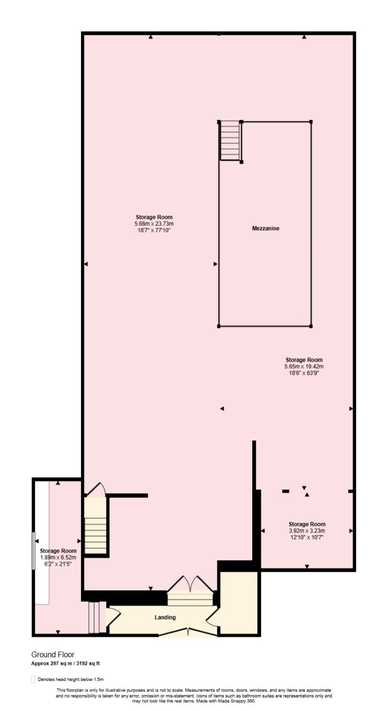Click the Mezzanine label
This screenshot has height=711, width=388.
(x=265, y=228)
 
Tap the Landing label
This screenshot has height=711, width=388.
(x=165, y=617)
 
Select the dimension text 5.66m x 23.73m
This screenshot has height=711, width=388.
(x=154, y=224)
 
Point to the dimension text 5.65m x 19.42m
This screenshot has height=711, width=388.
(x=304, y=366)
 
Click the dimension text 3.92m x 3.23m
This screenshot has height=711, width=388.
(x=307, y=531)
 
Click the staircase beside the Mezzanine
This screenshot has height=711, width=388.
(x=230, y=141)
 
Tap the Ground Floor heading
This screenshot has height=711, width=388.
(x=53, y=655)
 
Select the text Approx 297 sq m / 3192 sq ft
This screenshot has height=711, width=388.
(x=65, y=663)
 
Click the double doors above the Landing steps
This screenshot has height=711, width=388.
(x=190, y=583)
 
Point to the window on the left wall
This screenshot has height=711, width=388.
(x=32, y=550)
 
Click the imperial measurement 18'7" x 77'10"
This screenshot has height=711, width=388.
(x=154, y=230)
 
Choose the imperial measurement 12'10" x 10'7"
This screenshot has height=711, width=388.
(x=307, y=537)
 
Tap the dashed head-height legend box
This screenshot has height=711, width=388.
(x=32, y=679)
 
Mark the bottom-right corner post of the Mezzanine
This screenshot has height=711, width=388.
(x=311, y=326)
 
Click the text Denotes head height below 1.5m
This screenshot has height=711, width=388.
(x=70, y=679)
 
